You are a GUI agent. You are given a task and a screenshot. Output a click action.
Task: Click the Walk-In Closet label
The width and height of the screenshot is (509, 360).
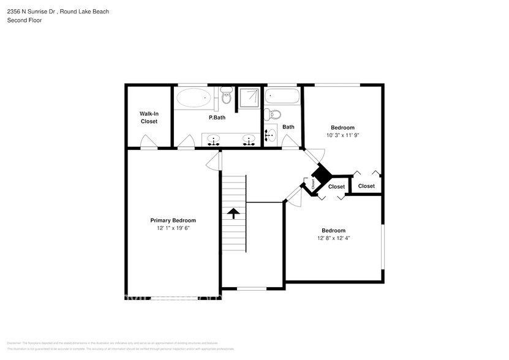[149, 118]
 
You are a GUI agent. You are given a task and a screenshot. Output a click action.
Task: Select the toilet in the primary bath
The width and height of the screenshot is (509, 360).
[227, 96]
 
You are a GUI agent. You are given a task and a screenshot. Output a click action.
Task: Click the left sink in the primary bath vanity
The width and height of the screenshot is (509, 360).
[213, 140]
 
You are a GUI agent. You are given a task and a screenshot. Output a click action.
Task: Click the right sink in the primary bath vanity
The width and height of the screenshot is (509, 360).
[249, 140]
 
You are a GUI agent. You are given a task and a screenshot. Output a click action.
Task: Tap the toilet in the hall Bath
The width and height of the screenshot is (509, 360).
[274, 114]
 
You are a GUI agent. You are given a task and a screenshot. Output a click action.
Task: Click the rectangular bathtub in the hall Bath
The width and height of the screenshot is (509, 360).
[282, 96]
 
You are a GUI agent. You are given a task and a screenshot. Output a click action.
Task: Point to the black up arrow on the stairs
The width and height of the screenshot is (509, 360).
[233, 213]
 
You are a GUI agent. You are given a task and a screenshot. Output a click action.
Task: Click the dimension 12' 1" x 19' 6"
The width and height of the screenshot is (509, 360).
[173, 228]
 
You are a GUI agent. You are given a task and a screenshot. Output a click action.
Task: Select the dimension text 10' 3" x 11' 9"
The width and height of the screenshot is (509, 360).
[344, 135]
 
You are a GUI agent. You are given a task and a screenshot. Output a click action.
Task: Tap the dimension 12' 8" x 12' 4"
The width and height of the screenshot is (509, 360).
[334, 238]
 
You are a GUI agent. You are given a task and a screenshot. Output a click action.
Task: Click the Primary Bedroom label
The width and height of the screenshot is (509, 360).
[173, 220]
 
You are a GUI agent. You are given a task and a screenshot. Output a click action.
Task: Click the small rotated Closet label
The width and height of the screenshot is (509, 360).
[313, 183]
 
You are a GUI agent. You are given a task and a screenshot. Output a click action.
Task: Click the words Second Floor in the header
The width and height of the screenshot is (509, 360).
[25, 20]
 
